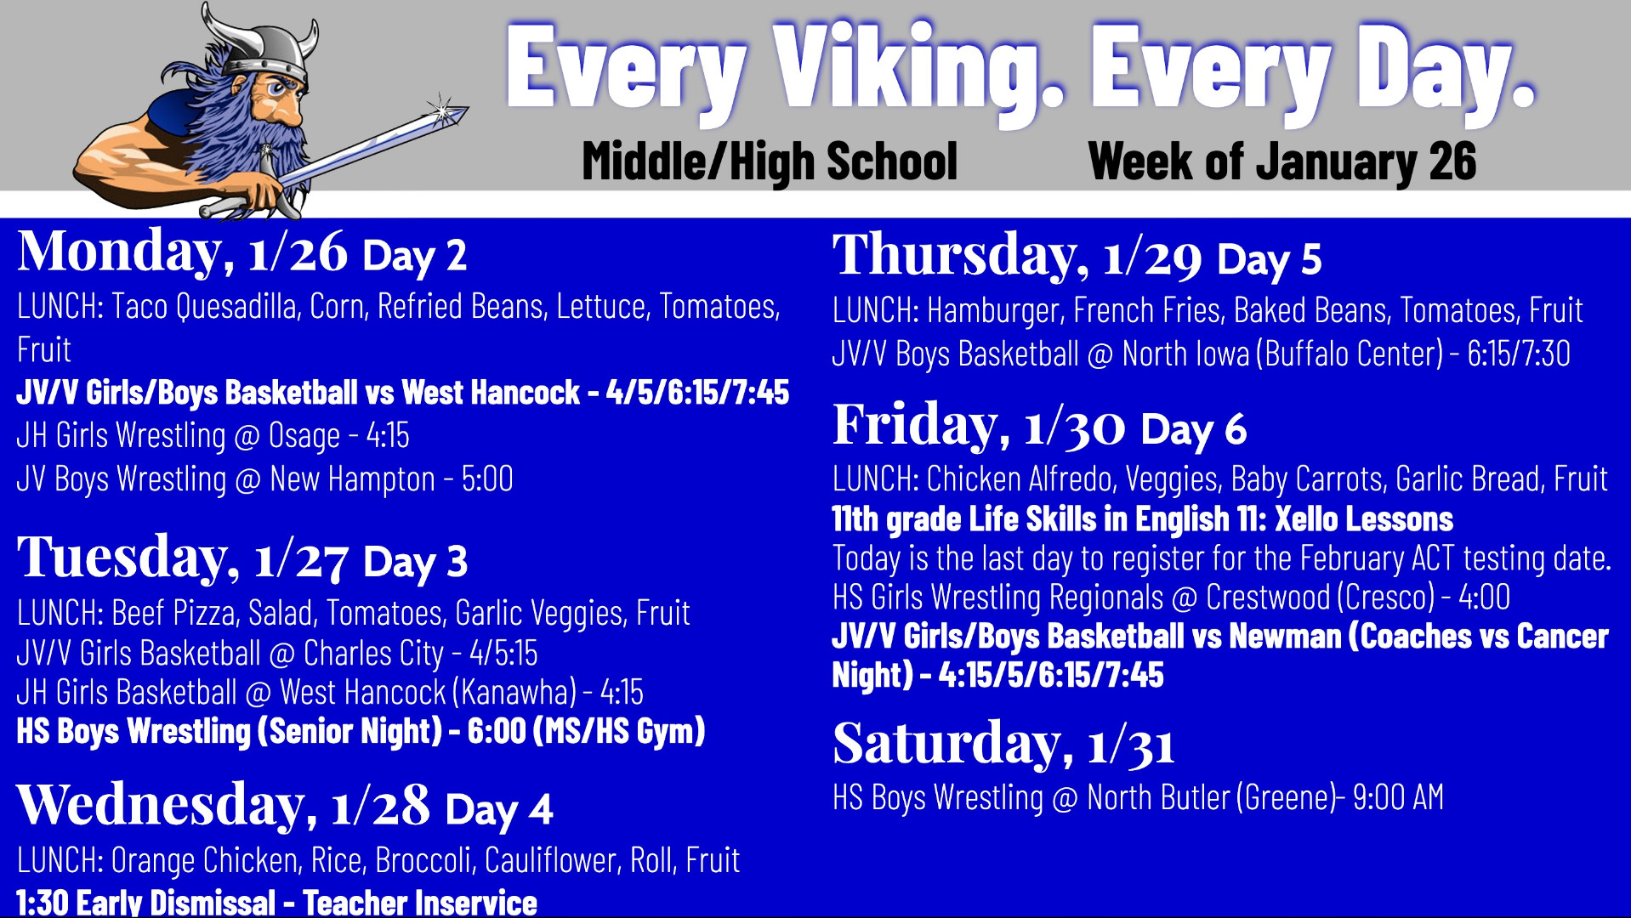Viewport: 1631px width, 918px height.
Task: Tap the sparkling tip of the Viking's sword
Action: pyautogui.click(x=444, y=110)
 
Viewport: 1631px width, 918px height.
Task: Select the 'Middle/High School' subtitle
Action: pyautogui.click(x=770, y=161)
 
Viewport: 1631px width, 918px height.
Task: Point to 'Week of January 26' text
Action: pyautogui.click(x=1281, y=161)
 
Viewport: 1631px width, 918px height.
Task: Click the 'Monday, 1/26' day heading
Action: pyautogui.click(x=183, y=252)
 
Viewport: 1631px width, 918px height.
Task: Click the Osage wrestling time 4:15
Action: pyautogui.click(x=388, y=435)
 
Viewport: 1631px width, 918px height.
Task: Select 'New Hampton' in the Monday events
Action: pyautogui.click(x=352, y=479)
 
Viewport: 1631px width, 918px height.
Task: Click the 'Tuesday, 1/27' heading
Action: pyautogui.click(x=183, y=558)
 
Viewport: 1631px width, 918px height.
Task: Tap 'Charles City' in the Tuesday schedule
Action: pyautogui.click(x=373, y=654)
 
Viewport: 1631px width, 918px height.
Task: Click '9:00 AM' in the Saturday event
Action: pyautogui.click(x=1398, y=798)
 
